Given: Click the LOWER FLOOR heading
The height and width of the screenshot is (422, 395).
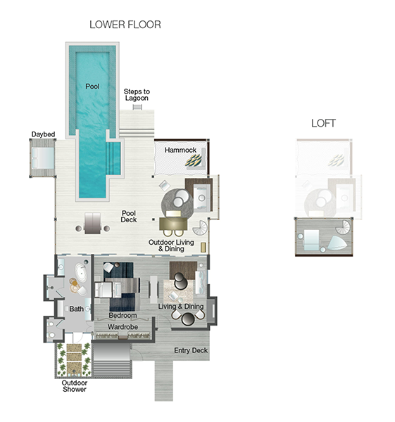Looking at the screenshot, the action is (x=125, y=25).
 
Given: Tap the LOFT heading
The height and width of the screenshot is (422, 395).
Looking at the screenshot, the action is (x=323, y=123).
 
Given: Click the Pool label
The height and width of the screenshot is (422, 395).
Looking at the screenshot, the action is (x=92, y=87).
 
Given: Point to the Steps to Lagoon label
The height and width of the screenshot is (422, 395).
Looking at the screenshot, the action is (x=137, y=95).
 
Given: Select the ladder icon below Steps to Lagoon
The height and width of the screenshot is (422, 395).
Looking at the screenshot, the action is (x=137, y=107).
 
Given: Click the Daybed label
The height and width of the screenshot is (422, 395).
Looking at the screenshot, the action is (x=43, y=134).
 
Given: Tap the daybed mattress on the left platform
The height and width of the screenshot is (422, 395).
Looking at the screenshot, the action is (x=43, y=158).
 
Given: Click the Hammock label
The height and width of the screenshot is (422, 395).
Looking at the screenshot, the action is (x=180, y=150).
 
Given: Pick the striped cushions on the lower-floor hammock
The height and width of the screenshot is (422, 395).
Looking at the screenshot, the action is (x=194, y=160).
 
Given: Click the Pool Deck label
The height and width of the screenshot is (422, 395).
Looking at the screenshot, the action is (x=129, y=217).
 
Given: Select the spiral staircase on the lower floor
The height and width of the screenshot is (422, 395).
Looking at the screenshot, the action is (x=200, y=228).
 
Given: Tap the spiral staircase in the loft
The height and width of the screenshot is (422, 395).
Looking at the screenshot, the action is (x=343, y=227).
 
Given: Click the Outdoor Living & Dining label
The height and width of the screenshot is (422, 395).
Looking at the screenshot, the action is (x=171, y=245).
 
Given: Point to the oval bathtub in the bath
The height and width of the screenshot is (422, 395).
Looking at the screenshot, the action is (x=81, y=273).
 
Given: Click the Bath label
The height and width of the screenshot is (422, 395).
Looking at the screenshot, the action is (x=77, y=309).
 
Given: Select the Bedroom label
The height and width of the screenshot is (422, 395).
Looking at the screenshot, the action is (x=123, y=315).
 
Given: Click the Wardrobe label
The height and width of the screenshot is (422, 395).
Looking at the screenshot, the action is (x=123, y=327).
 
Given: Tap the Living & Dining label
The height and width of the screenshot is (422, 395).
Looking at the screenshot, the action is (x=181, y=306).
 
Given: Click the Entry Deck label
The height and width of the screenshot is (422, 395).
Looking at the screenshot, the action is (x=191, y=350).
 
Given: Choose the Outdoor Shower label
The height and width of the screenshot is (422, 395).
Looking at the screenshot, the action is (x=75, y=386).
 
